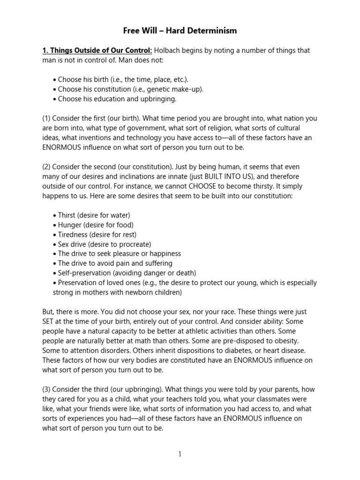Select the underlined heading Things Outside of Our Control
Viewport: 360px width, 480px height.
(x=97, y=51)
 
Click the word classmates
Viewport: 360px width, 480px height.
(x=273, y=399)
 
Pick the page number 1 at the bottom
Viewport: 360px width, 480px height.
(x=180, y=454)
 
